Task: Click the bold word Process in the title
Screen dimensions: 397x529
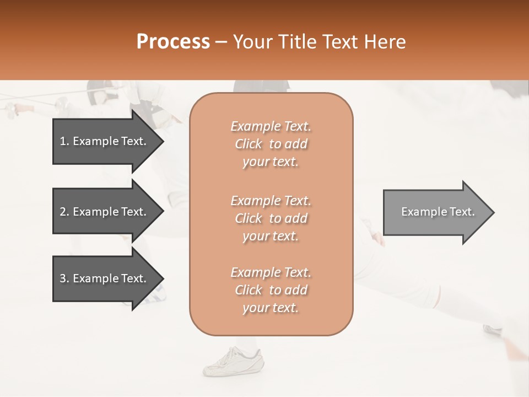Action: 173,42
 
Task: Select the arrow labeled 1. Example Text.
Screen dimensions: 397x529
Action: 105,141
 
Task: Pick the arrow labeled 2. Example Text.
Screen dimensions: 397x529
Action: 105,212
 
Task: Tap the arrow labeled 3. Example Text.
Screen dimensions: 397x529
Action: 105,278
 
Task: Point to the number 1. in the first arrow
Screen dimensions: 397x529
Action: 64,141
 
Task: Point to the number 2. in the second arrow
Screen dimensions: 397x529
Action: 64,212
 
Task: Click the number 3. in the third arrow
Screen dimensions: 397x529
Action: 64,278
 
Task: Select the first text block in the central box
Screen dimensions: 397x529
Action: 271,144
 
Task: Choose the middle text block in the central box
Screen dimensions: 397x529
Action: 271,218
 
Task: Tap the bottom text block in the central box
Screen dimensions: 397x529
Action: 271,290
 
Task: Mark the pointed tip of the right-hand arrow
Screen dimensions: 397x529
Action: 493,212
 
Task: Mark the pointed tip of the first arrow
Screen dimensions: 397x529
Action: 163,141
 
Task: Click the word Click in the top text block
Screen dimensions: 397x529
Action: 249,144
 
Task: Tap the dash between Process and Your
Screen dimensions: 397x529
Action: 222,42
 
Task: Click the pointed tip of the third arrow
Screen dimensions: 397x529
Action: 163,278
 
